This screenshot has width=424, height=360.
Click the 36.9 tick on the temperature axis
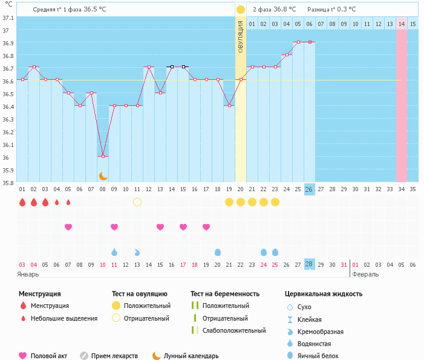coord(8,44)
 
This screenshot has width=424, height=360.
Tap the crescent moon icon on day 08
coord(103,175)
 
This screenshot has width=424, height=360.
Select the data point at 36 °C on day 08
coord(103,156)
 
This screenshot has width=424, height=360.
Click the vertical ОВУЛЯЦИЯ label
coord(241,36)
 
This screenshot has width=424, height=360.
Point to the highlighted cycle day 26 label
coord(309,189)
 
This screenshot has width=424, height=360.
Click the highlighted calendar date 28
coord(309,264)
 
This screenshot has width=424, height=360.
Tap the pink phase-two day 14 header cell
coord(402,24)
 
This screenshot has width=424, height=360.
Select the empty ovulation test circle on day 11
coord(137,201)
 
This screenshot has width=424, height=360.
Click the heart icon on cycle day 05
coord(68,227)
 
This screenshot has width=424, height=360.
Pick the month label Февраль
coord(365,274)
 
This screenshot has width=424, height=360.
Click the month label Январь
coord(28,274)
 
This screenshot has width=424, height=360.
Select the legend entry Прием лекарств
coord(114,356)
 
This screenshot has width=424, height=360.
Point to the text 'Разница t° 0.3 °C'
coord(331,10)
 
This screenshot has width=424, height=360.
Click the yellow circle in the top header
coord(241,10)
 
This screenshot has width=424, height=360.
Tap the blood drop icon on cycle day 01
coord(22,202)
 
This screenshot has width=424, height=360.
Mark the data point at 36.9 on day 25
coord(298,42)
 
